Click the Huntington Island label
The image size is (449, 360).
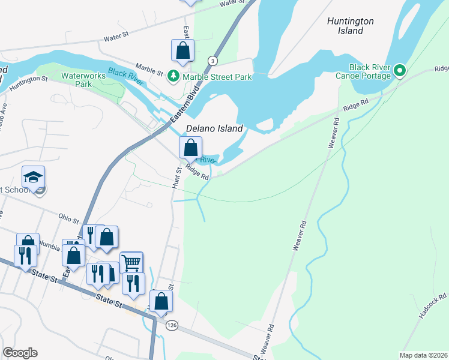pyautogui.click(x=351, y=26)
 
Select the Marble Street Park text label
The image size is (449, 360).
pyautogui.click(x=217, y=77)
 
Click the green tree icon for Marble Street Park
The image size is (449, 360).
pyautogui.click(x=173, y=76)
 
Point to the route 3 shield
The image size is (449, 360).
pyautogui.click(x=212, y=61)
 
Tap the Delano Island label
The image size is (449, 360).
pyautogui.click(x=214, y=128)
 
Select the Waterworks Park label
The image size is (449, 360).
pyautogui.click(x=85, y=80)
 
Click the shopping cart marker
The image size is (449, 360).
pyautogui.click(x=131, y=262)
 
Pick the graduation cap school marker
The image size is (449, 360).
pyautogui.click(x=33, y=176)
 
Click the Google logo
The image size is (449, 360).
pyautogui.click(x=20, y=353)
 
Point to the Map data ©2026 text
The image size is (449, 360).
pyautogui.click(x=423, y=355)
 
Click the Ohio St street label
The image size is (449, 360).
pyautogui.click(x=68, y=217)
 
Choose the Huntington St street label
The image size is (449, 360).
pyautogui.click(x=28, y=82)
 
